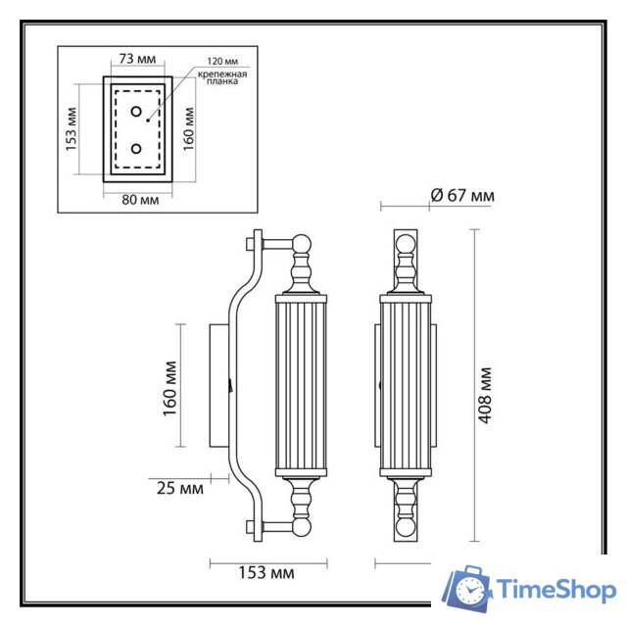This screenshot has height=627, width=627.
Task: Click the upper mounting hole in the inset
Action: click(x=136, y=111)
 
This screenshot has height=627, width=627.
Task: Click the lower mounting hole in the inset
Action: click(x=136, y=149)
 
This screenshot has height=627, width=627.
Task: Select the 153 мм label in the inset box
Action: click(x=70, y=129)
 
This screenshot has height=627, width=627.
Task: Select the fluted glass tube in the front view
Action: click(x=405, y=384)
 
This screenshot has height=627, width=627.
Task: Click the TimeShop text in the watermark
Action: click(x=555, y=590)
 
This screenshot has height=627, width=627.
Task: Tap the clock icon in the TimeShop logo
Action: click(x=473, y=592)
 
